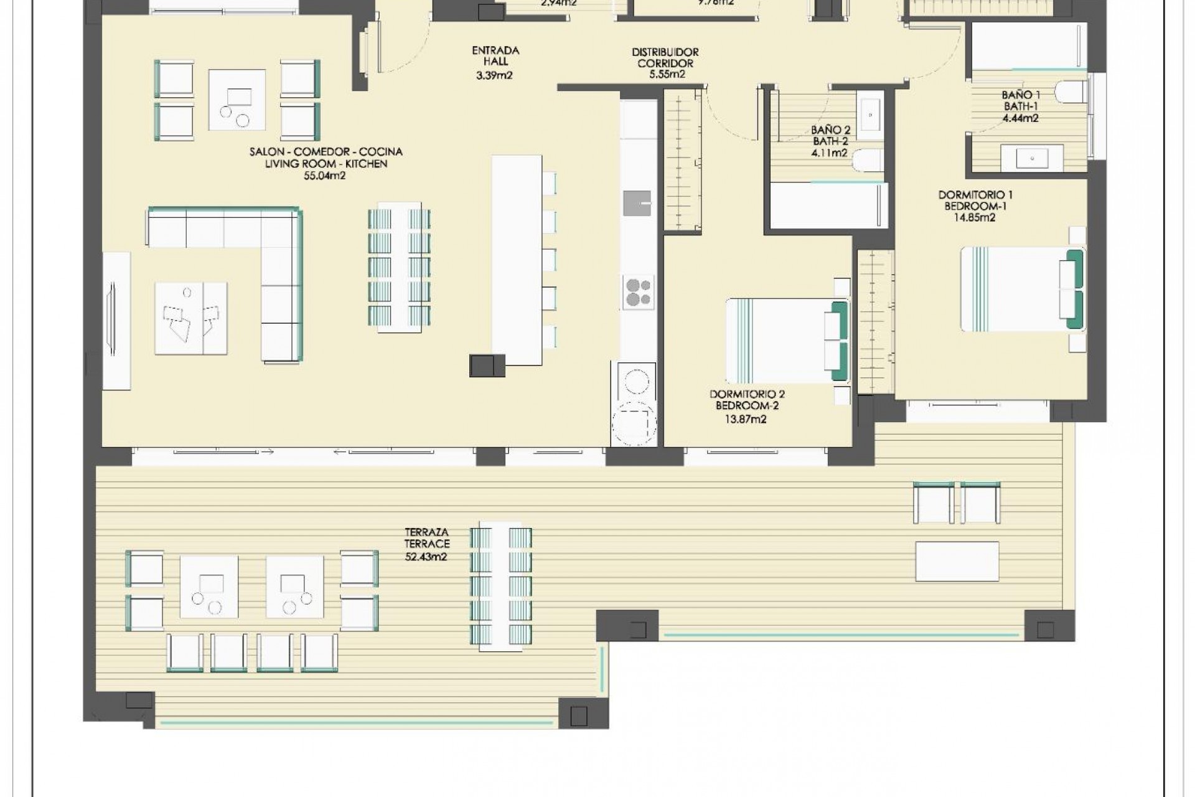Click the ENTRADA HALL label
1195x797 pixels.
click(x=495, y=56)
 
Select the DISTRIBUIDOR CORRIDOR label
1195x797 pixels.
click(x=665, y=57)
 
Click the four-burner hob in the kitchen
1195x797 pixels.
click(x=637, y=292)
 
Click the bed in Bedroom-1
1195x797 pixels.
click(x=1021, y=290)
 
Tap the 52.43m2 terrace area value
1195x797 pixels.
click(x=426, y=557)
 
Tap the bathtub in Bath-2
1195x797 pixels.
click(x=828, y=205)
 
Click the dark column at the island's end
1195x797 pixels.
click(x=487, y=365)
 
